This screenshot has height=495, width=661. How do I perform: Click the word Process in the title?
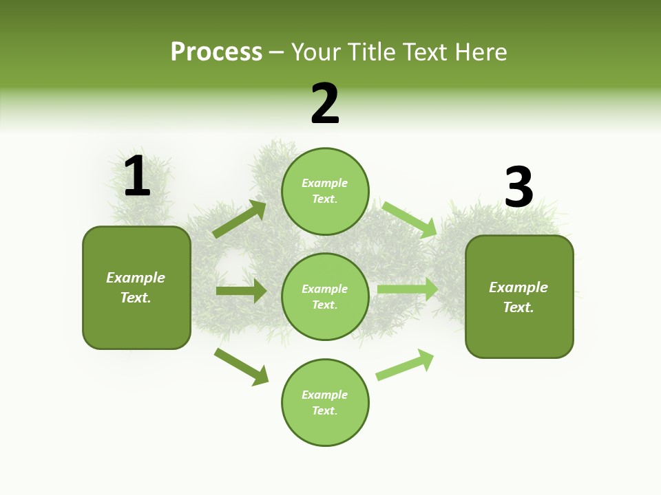coord(216,52)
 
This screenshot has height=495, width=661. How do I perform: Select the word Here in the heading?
coord(481,52)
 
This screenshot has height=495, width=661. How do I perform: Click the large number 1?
coord(137,177)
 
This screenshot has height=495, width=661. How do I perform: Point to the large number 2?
coord(325,104)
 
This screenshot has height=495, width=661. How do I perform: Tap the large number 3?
coord(518,188)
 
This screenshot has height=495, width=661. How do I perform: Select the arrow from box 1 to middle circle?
coord(241,291)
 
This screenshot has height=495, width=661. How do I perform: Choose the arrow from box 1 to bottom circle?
coord(242,366)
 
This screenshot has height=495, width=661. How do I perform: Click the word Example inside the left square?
coord(136,278)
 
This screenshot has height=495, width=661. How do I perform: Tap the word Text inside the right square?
coord(518,307)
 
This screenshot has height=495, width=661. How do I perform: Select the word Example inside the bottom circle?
coord(325,395)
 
